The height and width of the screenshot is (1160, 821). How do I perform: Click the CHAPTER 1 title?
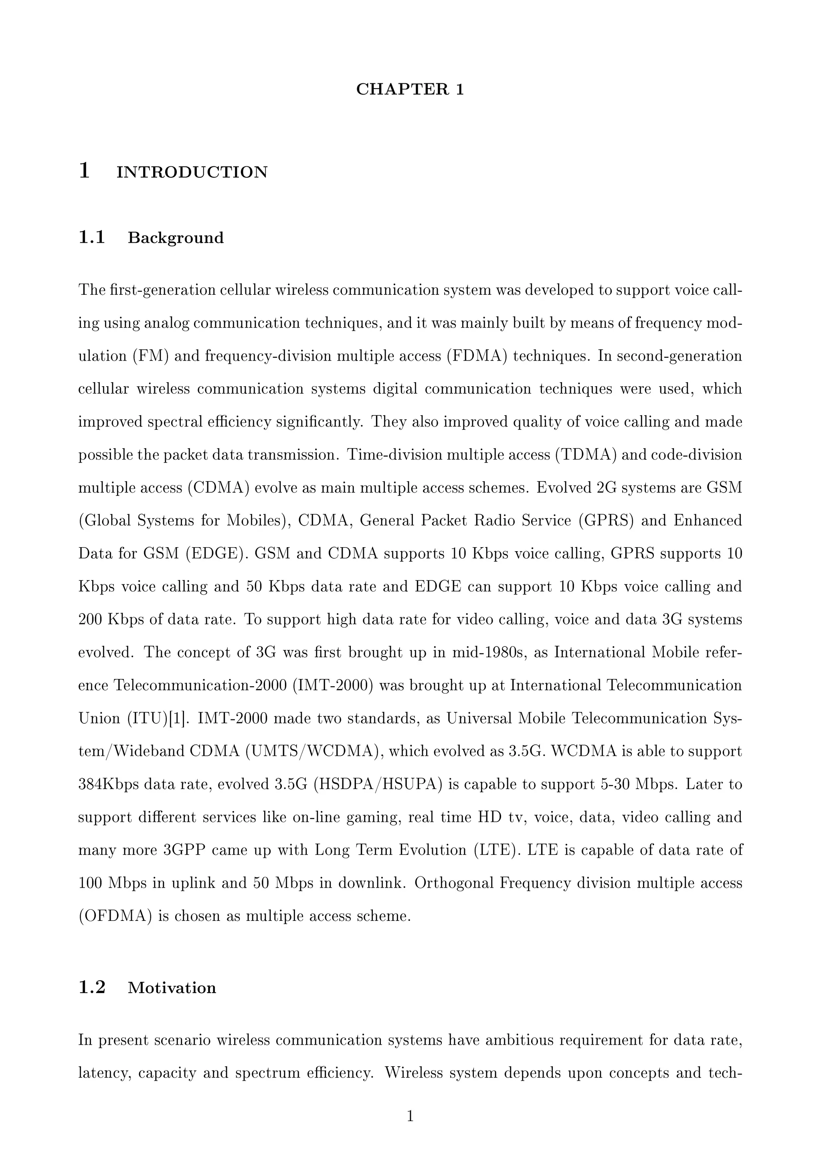pos(410,89)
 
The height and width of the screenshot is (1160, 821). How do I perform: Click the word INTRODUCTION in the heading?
pos(192,172)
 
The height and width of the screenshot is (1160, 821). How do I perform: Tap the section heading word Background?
pos(176,238)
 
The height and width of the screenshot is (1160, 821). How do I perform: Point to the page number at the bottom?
pos(410,1116)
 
